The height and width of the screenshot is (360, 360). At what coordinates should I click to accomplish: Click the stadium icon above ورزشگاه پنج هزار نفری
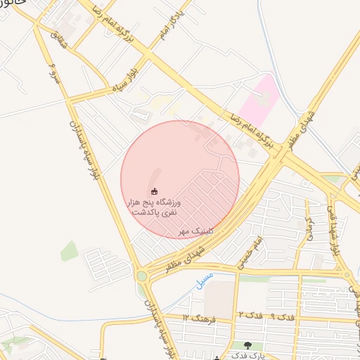155,191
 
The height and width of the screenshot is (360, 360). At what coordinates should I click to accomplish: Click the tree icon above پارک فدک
247,345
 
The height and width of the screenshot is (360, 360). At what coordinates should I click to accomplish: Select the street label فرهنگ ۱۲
197,316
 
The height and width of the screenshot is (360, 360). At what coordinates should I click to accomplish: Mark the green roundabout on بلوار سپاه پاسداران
142,276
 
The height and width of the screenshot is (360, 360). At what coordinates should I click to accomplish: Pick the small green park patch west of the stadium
69,250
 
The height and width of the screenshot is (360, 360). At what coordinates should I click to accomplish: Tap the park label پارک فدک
247,357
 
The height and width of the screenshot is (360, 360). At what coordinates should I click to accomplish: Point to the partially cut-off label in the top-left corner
13,4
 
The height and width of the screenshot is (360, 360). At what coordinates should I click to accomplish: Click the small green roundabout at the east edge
346,275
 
